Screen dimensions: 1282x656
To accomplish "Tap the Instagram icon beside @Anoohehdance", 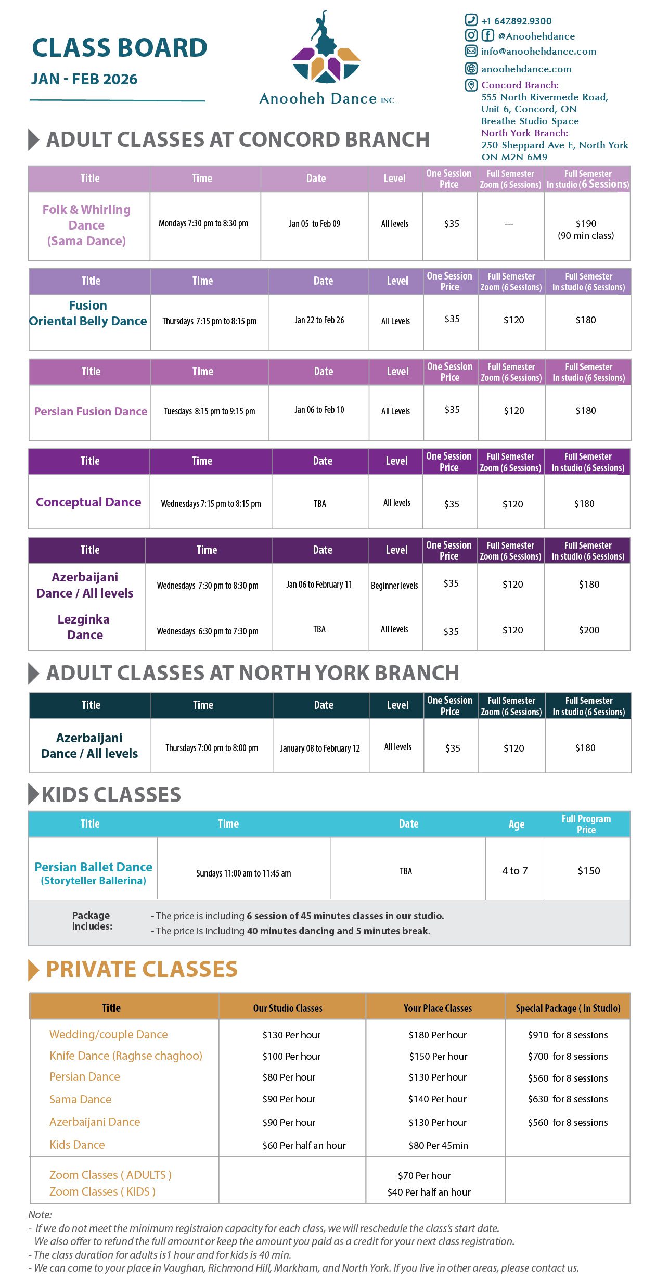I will click(x=471, y=35).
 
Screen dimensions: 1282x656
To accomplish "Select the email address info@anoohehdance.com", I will click(x=538, y=52).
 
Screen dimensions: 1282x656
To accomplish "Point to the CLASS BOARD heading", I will click(x=120, y=48).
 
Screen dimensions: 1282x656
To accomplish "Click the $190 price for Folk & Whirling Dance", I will click(x=586, y=224).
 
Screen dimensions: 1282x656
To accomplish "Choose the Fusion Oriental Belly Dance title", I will click(x=88, y=313).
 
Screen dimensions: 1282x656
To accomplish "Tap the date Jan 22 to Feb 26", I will click(x=319, y=320).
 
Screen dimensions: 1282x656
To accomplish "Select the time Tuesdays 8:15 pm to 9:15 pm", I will click(x=209, y=411).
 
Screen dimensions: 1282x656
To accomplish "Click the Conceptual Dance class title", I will click(x=88, y=502).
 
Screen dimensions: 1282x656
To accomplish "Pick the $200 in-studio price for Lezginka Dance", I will click(x=589, y=630).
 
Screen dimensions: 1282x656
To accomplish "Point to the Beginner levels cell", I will click(x=394, y=586).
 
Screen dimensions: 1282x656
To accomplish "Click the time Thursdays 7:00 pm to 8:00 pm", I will click(x=212, y=748).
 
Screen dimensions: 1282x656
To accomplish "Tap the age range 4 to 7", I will click(x=514, y=871).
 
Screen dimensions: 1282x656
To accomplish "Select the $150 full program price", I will click(x=588, y=871).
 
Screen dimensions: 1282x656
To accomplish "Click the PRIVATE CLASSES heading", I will click(x=142, y=969).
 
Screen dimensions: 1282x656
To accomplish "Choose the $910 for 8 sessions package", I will click(x=568, y=1035).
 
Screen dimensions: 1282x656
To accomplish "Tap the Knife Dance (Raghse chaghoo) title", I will click(x=125, y=1056).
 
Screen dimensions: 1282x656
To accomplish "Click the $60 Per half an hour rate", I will click(x=304, y=1145).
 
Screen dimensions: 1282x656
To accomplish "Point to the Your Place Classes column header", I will click(x=438, y=1008).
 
